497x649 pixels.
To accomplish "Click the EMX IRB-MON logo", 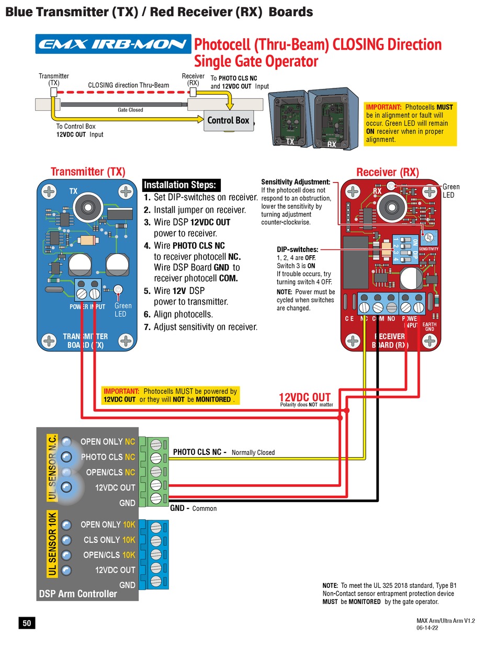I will click(x=113, y=44).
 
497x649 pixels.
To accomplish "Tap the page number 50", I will click(x=27, y=623).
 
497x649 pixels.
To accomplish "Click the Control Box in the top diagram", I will click(x=228, y=120).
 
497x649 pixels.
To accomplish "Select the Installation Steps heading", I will click(x=179, y=185).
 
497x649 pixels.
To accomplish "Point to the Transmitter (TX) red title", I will click(x=88, y=172).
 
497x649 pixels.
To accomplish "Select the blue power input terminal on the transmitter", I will click(x=87, y=289).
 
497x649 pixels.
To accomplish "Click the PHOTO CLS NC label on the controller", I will click(x=108, y=457).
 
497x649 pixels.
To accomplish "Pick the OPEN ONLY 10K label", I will click(x=108, y=525).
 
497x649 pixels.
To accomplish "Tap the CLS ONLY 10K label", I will click(x=109, y=540).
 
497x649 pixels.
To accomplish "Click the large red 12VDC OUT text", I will click(x=304, y=398).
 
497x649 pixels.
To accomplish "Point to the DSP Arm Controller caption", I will click(x=78, y=594).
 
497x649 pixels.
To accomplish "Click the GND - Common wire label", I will click(x=193, y=508).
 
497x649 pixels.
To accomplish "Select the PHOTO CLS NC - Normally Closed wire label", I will click(x=223, y=452).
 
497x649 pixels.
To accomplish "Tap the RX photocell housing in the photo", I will click(x=332, y=120).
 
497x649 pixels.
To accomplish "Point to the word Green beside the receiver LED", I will click(x=451, y=187).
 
